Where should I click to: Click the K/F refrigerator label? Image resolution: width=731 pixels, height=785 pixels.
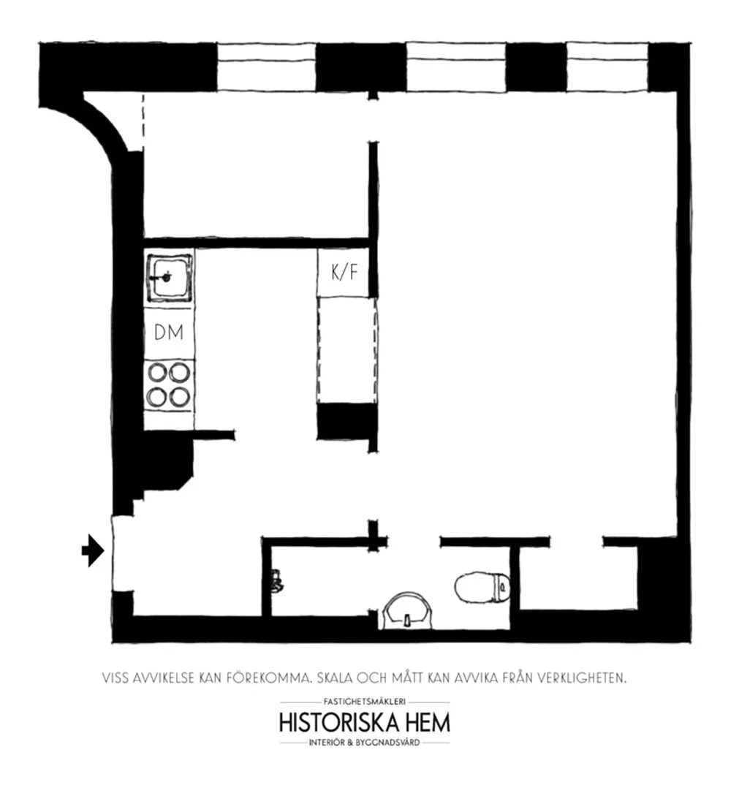[344, 273]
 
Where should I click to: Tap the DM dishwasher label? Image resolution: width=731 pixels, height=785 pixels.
[169, 333]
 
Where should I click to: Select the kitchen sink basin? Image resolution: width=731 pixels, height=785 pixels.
[169, 277]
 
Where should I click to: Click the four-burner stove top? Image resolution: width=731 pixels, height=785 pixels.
[169, 385]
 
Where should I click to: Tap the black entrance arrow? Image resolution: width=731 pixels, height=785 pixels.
[93, 550]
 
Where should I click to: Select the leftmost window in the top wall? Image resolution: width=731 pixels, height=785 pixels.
[266, 67]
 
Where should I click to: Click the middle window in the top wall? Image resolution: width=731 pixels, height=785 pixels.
[455, 67]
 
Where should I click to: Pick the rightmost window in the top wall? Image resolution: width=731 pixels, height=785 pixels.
[607, 67]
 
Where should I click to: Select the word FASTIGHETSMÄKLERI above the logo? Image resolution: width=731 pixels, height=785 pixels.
[365, 702]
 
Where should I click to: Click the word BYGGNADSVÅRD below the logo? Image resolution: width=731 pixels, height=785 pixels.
[387, 743]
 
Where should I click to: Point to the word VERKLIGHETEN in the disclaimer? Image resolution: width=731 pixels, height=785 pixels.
[582, 678]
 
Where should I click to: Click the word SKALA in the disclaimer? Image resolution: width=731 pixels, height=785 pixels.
[335, 678]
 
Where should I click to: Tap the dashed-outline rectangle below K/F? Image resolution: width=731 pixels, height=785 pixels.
[347, 350]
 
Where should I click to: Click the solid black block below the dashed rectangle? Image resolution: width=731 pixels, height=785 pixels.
[346, 422]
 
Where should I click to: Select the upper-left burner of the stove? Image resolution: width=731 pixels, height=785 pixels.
[157, 373]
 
